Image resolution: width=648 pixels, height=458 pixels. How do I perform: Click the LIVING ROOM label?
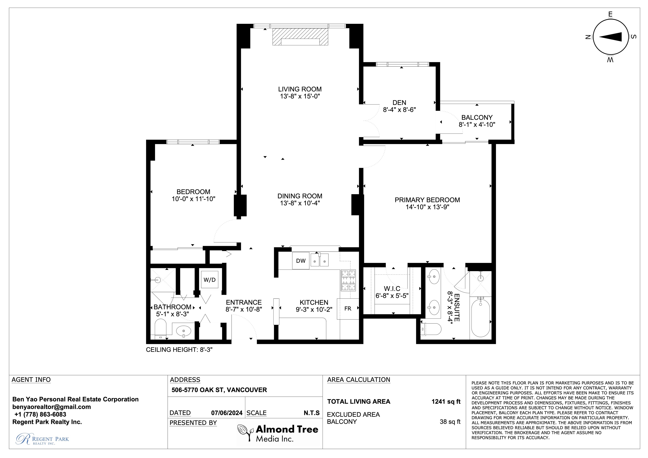click(300, 89)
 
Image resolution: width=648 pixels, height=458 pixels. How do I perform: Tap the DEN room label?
click(399, 103)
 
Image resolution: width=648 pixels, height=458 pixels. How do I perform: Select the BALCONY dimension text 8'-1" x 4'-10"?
click(477, 124)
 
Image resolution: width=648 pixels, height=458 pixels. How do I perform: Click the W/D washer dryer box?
click(210, 279)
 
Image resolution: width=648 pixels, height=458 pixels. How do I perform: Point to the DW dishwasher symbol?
click(301, 261)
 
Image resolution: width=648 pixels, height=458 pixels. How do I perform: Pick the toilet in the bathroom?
click(161, 329)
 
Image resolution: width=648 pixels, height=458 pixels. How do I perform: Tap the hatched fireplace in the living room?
click(300, 36)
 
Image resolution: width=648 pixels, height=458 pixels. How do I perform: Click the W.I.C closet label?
click(392, 289)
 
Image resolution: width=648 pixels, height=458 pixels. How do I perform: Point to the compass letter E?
click(610, 14)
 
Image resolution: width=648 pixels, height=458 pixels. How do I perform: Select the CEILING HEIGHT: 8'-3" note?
click(179, 350)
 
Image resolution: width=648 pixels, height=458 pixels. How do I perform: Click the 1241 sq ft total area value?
click(446, 401)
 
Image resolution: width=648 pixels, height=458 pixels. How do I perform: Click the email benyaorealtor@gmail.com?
click(52, 407)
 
